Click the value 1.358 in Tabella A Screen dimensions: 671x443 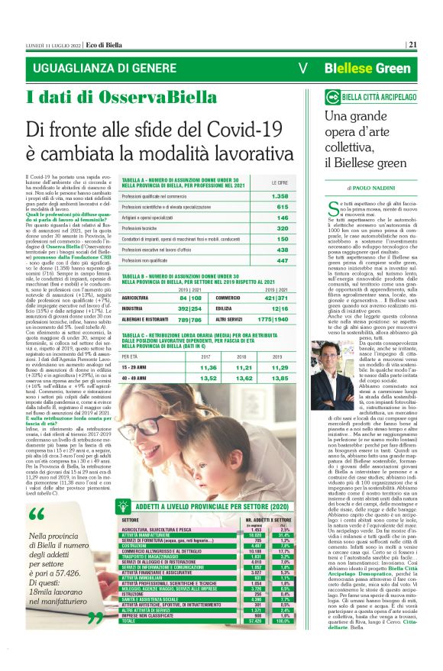point(280,196)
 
